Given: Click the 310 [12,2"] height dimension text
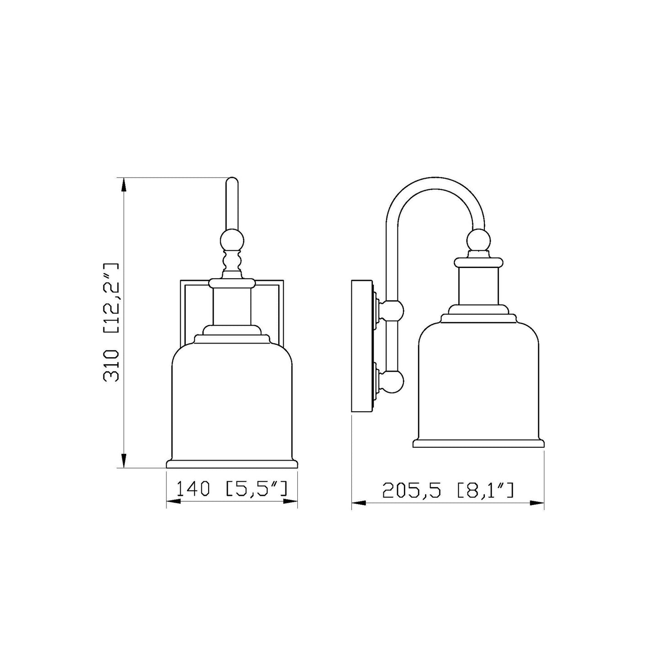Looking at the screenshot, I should click(111, 322).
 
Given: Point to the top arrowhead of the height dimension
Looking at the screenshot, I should click(124, 184).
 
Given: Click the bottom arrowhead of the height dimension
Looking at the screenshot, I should click(124, 461).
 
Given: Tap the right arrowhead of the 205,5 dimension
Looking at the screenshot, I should click(537, 503).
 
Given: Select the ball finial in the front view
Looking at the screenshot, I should click(232, 240).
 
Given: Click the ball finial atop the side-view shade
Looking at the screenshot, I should click(478, 241).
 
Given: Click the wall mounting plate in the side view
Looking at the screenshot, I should click(361, 346).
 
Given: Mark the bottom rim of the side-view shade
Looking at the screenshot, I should click(478, 443).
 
